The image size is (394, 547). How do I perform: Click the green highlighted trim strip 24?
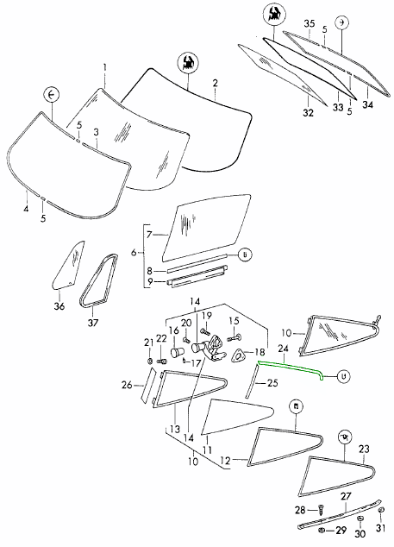tap(290, 368)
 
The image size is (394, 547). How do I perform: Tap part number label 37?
tap(93, 323)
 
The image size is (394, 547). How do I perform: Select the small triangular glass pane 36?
tap(69, 264)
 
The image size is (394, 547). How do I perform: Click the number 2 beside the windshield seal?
tap(216, 83)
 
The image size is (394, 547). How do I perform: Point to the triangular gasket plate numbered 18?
tap(239, 355)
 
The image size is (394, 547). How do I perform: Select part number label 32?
tap(309, 113)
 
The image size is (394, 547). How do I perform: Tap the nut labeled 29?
tap(322, 531)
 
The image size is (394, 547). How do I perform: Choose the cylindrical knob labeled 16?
tap(178, 352)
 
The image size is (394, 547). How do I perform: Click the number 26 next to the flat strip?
tap(128, 385)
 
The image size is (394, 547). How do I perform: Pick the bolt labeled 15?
tap(236, 338)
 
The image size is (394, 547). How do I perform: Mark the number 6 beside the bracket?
tap(134, 252)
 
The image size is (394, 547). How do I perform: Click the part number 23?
tap(364, 449)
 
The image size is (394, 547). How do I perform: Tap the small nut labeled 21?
tap(150, 361)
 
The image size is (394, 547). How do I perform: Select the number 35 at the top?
tap(310, 23)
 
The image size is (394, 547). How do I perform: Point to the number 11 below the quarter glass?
tap(207, 450)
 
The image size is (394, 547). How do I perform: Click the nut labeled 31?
tap(381, 510)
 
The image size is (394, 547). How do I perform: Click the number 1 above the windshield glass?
tap(104, 66)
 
